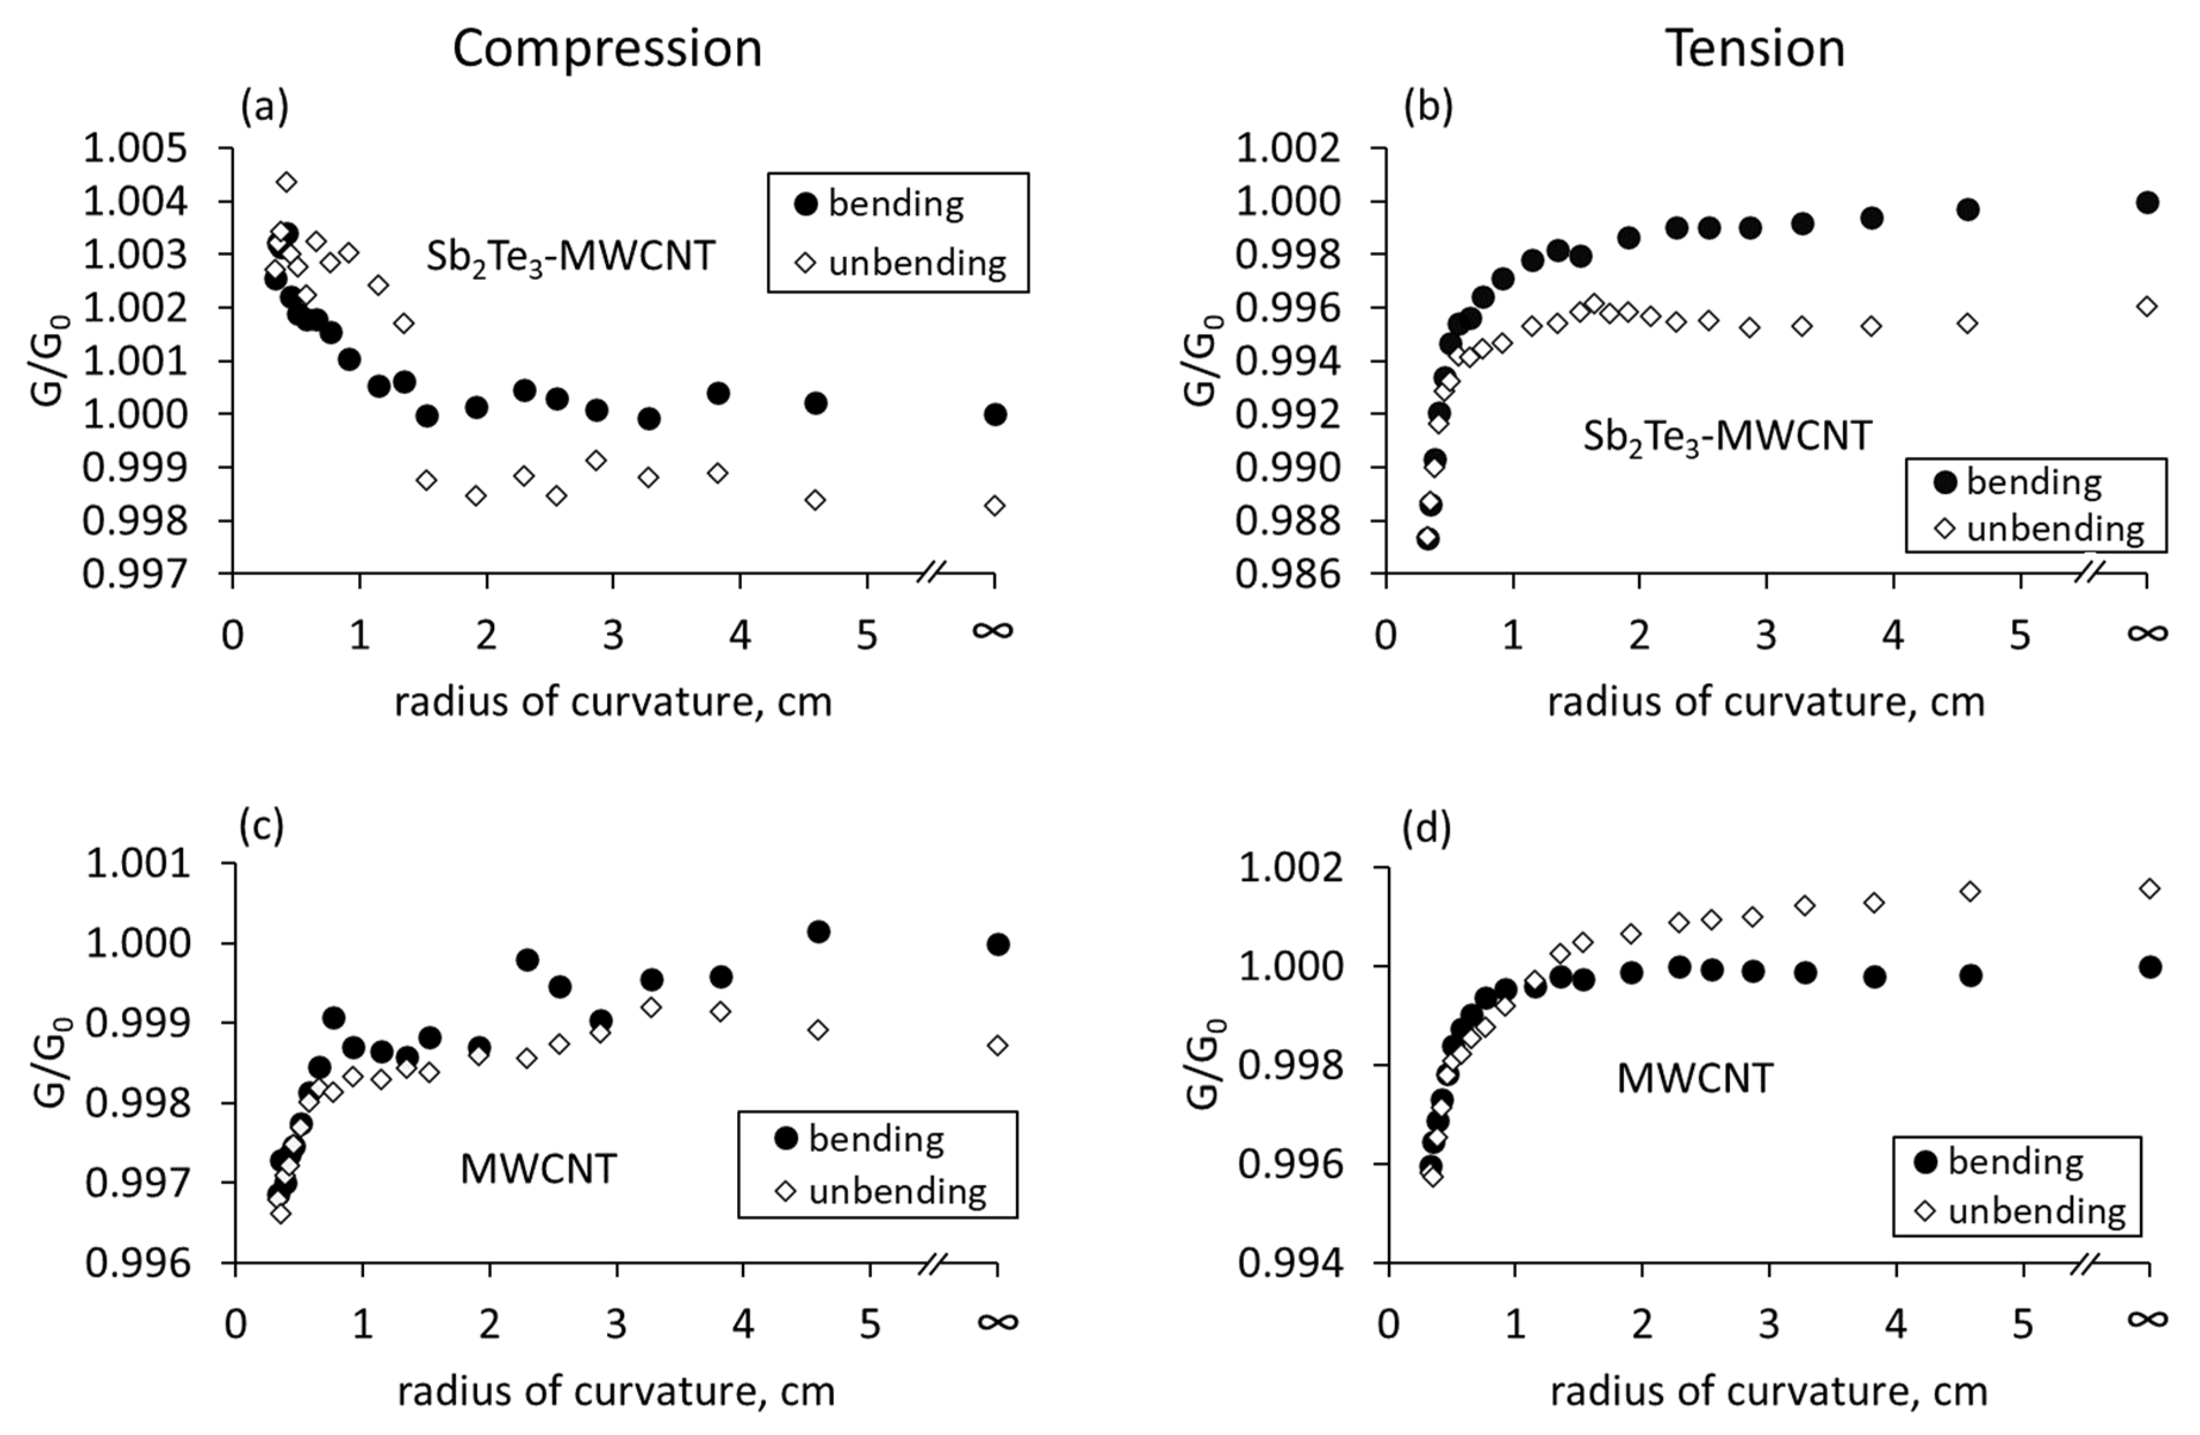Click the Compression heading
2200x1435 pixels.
(x=607, y=48)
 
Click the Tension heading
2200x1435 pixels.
(x=1754, y=48)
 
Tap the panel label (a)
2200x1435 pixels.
(x=265, y=108)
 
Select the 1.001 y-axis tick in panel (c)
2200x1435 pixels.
(x=138, y=864)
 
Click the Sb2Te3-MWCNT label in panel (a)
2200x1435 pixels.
(x=570, y=257)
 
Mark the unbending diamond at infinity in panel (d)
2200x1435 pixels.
(x=2149, y=889)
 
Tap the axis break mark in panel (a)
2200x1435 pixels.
(x=932, y=573)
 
